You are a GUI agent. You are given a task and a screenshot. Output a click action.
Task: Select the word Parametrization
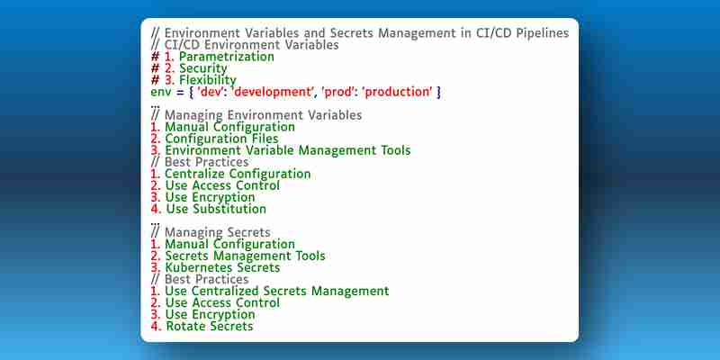click(x=227, y=57)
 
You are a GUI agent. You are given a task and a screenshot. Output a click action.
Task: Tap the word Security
click(x=203, y=68)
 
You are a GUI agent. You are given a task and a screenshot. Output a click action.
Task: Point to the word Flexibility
click(x=208, y=80)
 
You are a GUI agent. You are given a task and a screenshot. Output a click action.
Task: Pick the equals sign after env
click(x=181, y=93)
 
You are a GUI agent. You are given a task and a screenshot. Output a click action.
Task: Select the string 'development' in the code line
click(x=272, y=92)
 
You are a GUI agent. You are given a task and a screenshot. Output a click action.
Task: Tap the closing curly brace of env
click(x=438, y=93)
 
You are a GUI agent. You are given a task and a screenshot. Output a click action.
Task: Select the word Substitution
click(x=236, y=209)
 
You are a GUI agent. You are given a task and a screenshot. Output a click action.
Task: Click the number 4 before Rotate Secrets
click(x=155, y=326)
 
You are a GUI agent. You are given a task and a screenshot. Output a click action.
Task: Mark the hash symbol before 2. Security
click(x=155, y=69)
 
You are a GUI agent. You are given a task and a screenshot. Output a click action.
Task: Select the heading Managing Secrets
click(x=218, y=232)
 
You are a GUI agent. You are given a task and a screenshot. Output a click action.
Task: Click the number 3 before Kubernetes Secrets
click(x=155, y=267)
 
